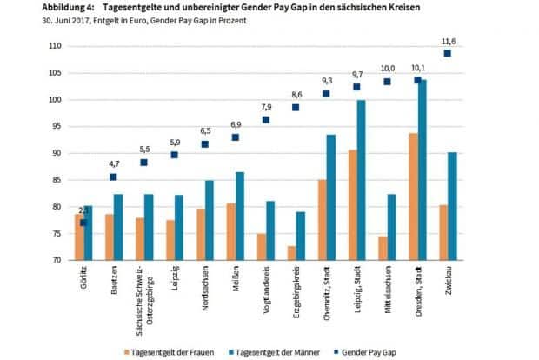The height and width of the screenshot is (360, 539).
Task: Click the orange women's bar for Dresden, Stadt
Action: coord(413,197)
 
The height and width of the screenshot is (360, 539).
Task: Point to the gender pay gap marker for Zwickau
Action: coord(447,53)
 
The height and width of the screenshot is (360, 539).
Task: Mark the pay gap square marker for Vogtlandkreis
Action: coord(265,120)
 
